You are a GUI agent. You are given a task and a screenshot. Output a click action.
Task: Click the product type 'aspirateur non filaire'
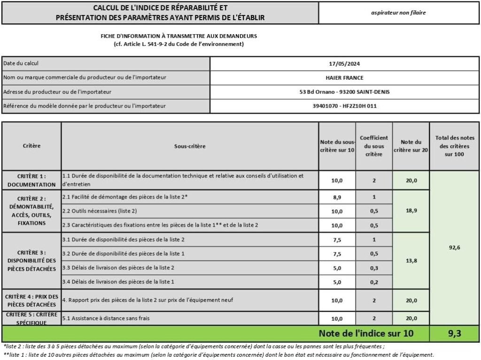click(398, 13)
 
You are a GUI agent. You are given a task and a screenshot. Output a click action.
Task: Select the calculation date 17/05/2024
click(344, 64)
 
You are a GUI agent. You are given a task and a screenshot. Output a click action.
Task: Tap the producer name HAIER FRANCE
click(344, 78)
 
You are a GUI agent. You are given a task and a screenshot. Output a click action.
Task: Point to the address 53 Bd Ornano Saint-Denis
click(344, 92)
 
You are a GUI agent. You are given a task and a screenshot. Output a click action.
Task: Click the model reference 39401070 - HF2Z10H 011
click(344, 106)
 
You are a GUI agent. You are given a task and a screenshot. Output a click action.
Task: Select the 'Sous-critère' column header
click(190, 146)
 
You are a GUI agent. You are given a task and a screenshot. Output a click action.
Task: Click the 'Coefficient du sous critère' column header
click(374, 146)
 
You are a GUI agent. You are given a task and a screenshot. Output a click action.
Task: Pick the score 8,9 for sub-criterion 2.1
click(337, 197)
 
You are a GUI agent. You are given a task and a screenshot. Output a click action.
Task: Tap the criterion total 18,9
click(411, 211)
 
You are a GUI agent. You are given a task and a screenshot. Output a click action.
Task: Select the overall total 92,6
click(454, 247)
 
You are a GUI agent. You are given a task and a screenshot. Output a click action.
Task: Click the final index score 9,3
click(454, 334)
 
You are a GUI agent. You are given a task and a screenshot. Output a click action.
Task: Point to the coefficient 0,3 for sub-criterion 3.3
click(374, 268)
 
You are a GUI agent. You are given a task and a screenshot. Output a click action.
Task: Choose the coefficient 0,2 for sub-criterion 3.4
click(374, 282)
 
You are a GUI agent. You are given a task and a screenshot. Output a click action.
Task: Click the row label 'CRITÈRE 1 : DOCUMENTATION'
click(31, 180)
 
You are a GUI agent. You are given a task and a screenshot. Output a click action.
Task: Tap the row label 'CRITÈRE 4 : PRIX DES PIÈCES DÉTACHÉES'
click(31, 300)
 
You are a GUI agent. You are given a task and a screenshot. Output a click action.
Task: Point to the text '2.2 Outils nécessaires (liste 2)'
click(100, 211)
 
